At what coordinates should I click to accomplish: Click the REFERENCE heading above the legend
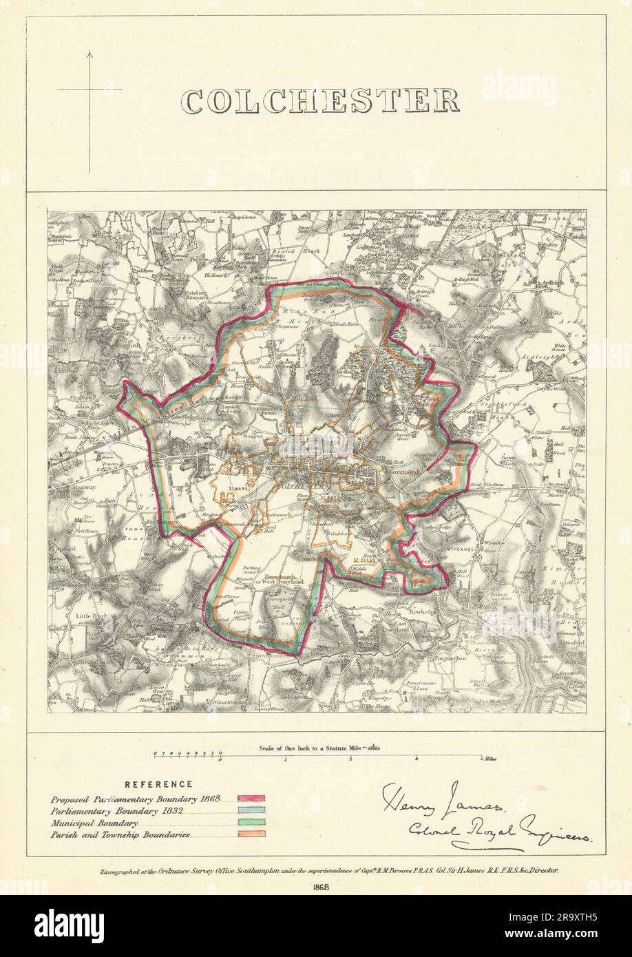pos(159,784)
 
